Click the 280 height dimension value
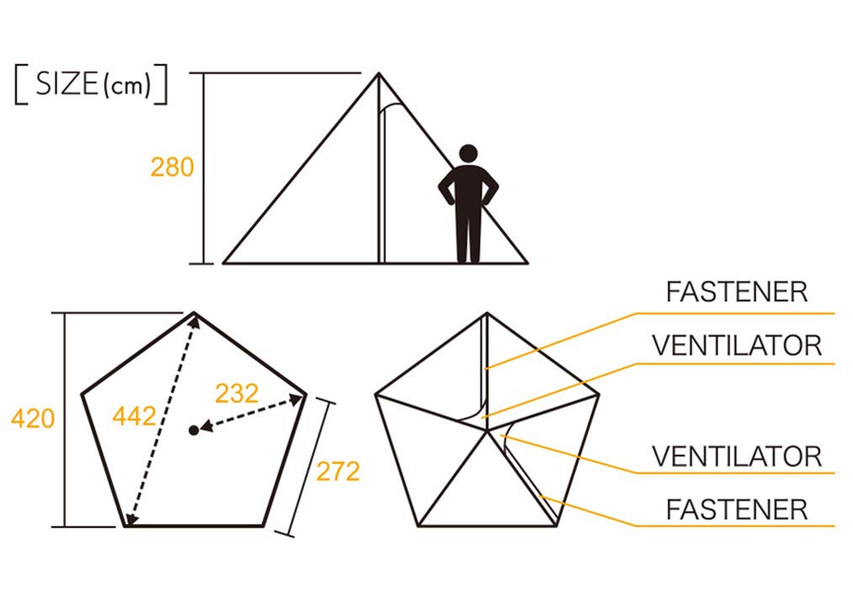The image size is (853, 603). point(172,167)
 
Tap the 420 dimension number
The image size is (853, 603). point(33,418)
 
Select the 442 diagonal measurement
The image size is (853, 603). point(135,416)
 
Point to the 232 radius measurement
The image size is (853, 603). point(236,393)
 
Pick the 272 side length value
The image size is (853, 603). point(338,472)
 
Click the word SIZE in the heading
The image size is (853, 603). point(66,84)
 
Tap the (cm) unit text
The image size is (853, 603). point(126,86)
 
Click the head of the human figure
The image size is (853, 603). point(468,153)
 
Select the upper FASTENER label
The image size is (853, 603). point(737,292)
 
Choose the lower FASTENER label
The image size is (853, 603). point(737,510)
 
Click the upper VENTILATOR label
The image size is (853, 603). point(737,346)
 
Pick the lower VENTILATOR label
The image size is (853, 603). point(737,456)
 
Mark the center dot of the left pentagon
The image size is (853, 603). point(193,430)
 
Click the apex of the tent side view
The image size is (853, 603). point(379,73)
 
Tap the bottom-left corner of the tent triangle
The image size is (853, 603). point(224,263)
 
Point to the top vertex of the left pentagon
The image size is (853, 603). point(194,313)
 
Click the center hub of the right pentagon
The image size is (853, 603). point(487,430)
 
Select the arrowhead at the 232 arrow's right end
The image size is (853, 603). point(296,400)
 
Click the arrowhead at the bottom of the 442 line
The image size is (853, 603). point(130,518)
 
